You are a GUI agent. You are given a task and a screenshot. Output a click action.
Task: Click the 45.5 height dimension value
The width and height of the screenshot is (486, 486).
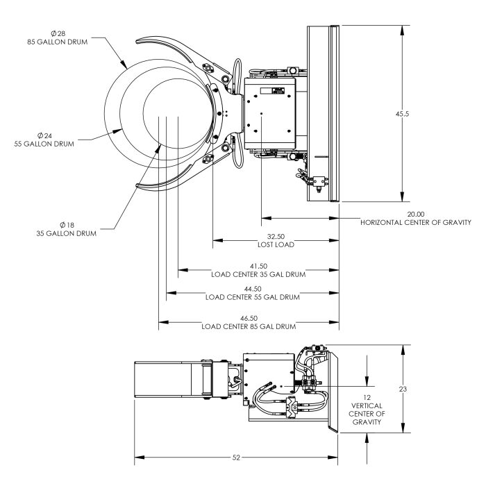(402, 114)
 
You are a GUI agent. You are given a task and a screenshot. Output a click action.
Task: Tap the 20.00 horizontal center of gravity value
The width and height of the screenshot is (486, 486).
(416, 214)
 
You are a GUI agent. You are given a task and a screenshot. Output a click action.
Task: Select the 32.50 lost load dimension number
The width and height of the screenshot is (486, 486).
(276, 237)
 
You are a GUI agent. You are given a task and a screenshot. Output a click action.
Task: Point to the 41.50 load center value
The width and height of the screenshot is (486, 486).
(258, 266)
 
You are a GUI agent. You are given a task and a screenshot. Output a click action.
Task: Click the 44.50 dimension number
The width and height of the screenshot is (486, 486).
(253, 290)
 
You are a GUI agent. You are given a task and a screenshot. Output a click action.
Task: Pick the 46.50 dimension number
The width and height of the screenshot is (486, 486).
(249, 318)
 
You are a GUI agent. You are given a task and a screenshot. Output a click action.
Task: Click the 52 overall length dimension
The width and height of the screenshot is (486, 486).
(236, 458)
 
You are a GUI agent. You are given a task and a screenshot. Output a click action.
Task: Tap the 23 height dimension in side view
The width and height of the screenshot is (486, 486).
(403, 389)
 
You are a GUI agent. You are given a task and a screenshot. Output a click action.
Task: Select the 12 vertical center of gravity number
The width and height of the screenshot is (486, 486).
(367, 397)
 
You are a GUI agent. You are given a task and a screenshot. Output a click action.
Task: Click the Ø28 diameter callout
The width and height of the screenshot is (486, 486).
(58, 33)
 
